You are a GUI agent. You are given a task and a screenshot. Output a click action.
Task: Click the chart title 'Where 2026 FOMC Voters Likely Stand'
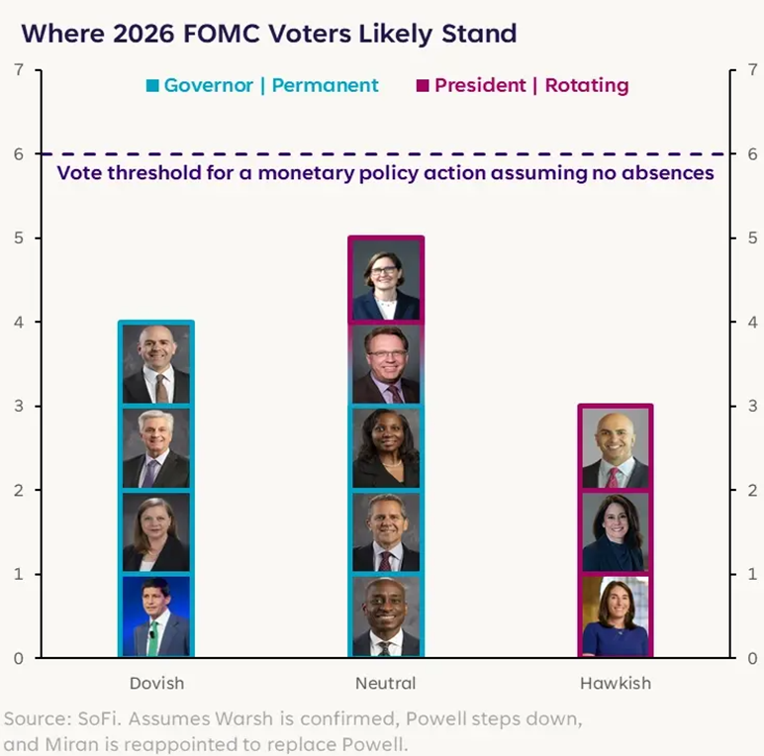coord(269,34)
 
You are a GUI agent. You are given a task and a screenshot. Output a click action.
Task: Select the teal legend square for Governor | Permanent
coord(152,86)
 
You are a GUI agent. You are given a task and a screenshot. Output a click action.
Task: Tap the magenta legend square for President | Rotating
coord(423,86)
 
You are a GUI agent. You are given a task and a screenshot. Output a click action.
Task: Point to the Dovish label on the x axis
coord(156,683)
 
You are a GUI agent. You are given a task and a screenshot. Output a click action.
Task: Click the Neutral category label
coord(385,683)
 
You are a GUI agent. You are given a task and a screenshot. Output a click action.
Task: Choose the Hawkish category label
coord(615,683)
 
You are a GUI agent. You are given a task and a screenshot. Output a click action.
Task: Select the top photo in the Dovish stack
coord(156,363)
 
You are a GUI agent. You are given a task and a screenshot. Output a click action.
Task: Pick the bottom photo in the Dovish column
coord(156,615)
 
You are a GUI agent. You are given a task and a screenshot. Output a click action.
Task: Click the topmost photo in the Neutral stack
coord(385,279)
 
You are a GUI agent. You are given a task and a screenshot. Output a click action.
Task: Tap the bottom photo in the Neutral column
coord(385,615)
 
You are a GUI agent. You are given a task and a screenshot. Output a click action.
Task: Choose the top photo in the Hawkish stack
coord(615,447)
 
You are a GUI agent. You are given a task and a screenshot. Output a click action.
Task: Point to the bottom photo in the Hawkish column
coord(615,615)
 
